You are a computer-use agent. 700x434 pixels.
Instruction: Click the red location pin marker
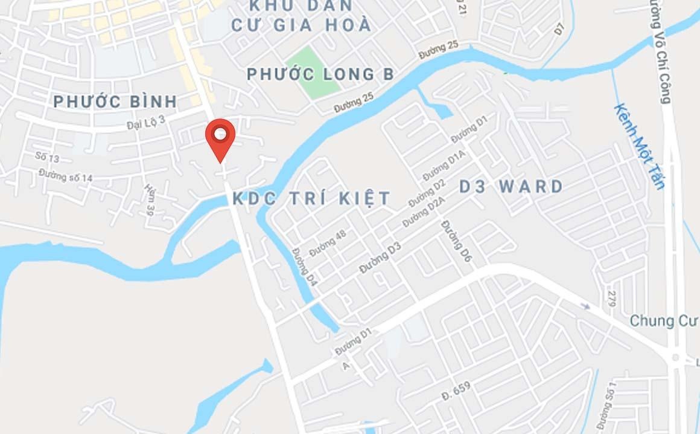220,137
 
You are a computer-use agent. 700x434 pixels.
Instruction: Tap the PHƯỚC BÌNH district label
115,102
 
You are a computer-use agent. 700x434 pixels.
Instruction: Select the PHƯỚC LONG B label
320,74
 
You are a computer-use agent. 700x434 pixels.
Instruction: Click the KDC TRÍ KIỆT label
311,198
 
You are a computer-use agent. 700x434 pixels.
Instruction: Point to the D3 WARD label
511,186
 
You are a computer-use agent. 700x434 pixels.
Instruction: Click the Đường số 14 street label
66,176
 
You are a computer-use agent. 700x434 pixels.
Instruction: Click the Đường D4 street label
304,267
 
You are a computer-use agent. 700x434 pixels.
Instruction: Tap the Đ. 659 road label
456,390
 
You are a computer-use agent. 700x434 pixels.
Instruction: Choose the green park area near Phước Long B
313,73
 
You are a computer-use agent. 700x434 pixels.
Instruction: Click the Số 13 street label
47,157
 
